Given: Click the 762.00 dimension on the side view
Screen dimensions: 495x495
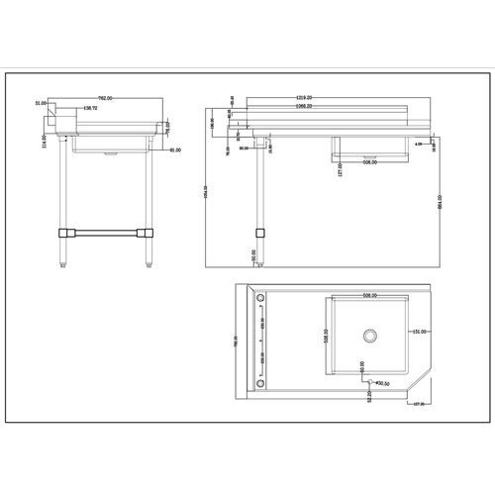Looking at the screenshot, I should [x=103, y=99].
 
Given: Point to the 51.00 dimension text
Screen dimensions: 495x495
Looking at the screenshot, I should [x=41, y=103].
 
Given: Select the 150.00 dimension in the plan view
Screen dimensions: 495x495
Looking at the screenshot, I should [x=419, y=332].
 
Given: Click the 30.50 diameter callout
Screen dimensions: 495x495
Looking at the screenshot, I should [x=380, y=384].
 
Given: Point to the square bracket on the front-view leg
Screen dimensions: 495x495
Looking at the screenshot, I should [x=260, y=232].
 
